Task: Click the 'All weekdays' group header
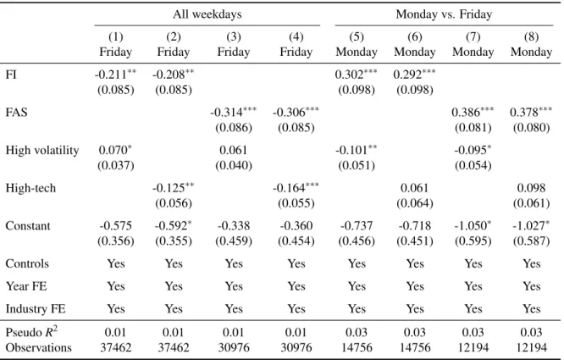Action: [x=207, y=14]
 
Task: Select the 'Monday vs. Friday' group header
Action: [x=444, y=14]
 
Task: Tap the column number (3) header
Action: [x=234, y=36]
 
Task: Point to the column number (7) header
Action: [x=473, y=36]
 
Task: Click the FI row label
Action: [x=11, y=75]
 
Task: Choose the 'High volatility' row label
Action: [x=42, y=150]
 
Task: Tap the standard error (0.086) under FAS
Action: [x=234, y=128]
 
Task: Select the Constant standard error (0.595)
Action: [x=473, y=241]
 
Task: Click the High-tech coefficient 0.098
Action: [x=531, y=188]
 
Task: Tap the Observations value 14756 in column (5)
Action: [x=357, y=348]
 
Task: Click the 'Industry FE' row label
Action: [x=36, y=309]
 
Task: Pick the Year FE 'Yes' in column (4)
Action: [x=296, y=286]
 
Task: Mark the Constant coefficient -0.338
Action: [x=234, y=226]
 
